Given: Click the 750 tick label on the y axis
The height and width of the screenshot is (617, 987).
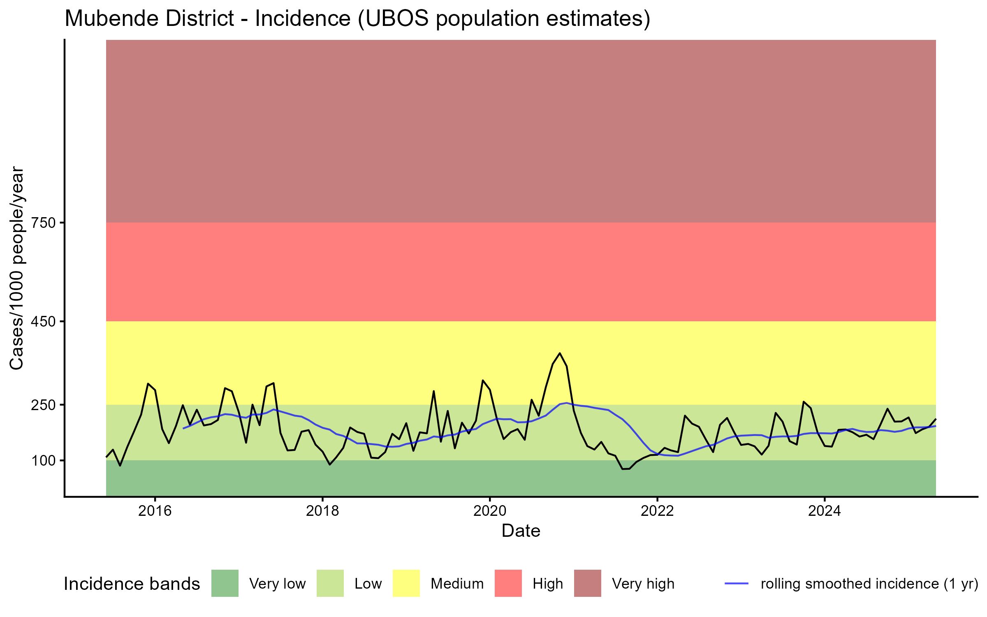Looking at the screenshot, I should click(44, 223).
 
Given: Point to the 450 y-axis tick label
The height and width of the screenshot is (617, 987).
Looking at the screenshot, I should click(44, 322).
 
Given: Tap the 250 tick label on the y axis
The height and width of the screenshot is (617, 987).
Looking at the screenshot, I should click(44, 405).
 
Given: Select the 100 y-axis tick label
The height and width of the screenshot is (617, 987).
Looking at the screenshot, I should click(44, 461).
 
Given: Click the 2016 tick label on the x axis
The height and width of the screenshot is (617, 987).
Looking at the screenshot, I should click(155, 511).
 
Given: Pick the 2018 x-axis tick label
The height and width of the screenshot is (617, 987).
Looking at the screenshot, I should click(322, 511).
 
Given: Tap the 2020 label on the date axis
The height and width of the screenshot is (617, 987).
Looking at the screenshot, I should click(490, 511).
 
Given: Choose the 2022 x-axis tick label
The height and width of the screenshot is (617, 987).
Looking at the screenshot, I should click(657, 511).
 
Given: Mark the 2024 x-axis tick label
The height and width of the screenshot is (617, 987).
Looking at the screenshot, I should click(825, 511).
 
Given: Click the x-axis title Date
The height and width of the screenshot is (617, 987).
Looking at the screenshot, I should click(521, 531).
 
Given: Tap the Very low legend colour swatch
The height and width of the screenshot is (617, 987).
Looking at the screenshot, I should click(225, 583).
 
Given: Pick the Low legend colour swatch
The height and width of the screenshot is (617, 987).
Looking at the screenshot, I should click(330, 583).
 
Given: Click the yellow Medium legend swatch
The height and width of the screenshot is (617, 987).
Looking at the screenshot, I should click(406, 583).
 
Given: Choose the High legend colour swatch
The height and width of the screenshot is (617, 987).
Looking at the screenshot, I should click(508, 583).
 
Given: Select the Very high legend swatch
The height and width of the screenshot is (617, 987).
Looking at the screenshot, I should click(587, 583).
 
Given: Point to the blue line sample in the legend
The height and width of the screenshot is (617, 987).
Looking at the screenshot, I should click(736, 583).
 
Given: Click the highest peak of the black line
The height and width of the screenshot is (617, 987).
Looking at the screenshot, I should click(560, 353).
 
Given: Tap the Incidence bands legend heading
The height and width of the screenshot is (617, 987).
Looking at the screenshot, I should click(132, 584).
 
